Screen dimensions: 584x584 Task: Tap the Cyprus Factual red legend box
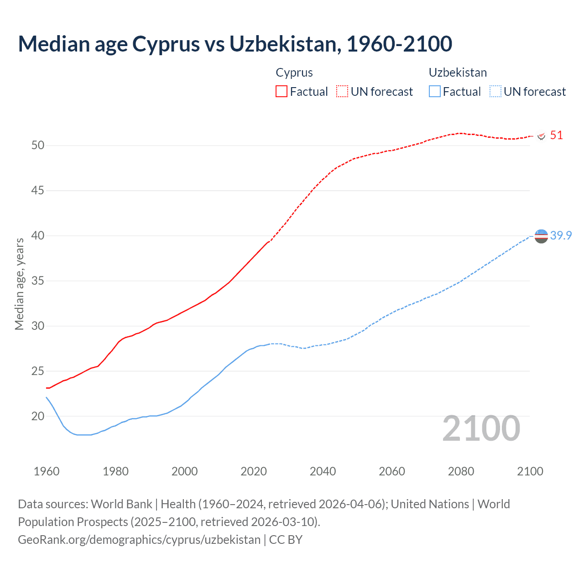pos(282,92)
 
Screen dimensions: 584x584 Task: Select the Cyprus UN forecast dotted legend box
pos(342,92)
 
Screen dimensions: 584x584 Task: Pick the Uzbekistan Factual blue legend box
pos(435,92)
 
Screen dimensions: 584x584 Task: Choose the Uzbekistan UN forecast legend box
pos(495,92)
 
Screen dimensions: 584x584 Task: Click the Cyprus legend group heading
pos(294,73)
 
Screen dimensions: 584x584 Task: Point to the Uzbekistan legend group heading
pos(458,73)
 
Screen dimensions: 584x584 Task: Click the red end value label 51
pos(556,136)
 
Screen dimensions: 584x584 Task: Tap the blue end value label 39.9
pos(561,235)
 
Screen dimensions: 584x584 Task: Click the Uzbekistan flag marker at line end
pos(541,236)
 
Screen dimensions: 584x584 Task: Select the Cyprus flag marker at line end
pos(542,136)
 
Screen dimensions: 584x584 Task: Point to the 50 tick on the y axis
pos(38,146)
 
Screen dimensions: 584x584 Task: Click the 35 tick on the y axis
pos(38,281)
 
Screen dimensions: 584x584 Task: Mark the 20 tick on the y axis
pos(38,416)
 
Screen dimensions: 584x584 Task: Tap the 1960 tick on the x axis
pos(47,471)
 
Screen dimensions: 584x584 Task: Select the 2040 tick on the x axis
pos(323,471)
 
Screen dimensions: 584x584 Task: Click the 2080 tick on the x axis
pos(461,471)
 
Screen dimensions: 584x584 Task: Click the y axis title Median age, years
pos(20,284)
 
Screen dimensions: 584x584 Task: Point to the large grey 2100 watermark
pos(481,428)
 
